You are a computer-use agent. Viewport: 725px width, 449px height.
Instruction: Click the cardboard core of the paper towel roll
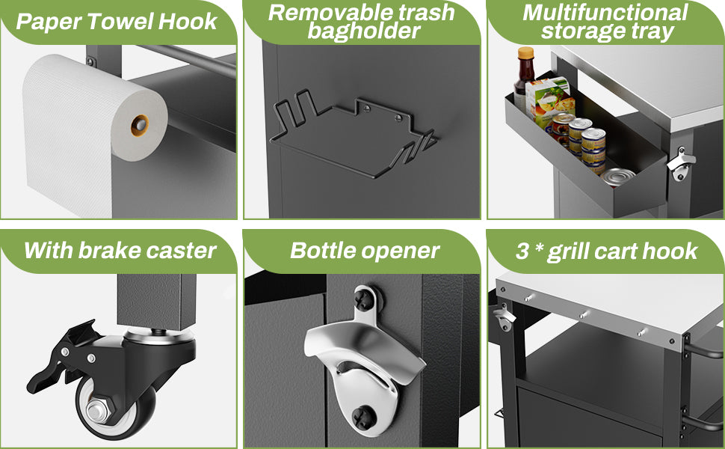(x=140, y=125)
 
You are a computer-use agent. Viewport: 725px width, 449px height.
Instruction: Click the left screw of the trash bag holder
(x=367, y=109)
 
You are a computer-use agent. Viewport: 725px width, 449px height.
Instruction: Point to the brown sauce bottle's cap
(x=525, y=53)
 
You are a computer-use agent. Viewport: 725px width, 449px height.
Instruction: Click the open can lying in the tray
(x=617, y=177)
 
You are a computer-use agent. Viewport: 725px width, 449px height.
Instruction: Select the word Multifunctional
(x=605, y=13)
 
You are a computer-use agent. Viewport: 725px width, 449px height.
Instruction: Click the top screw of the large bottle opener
(x=363, y=299)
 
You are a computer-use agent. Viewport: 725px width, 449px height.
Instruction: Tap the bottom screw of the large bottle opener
(x=362, y=417)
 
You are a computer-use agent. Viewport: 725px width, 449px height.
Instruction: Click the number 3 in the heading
(x=522, y=251)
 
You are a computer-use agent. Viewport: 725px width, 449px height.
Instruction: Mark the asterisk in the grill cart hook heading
(x=539, y=248)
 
